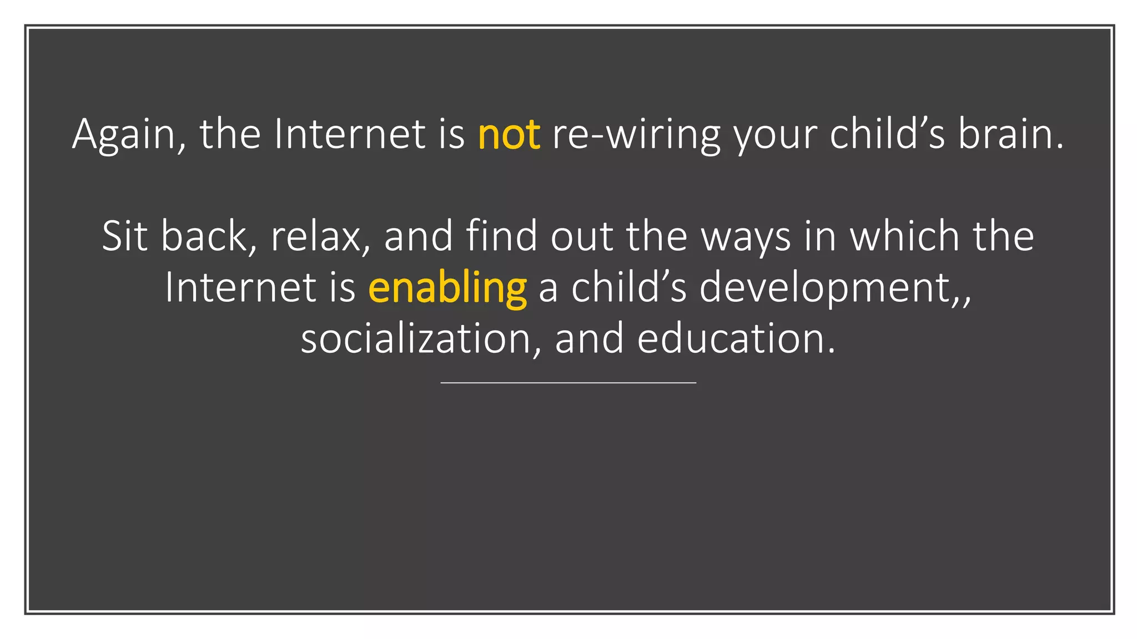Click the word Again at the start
point(123,135)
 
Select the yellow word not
point(509,135)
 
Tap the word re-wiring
point(636,135)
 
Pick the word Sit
point(125,236)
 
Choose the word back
point(203,236)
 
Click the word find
point(501,236)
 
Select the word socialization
point(416,339)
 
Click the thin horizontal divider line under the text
point(568,383)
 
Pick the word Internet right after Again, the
point(350,135)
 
